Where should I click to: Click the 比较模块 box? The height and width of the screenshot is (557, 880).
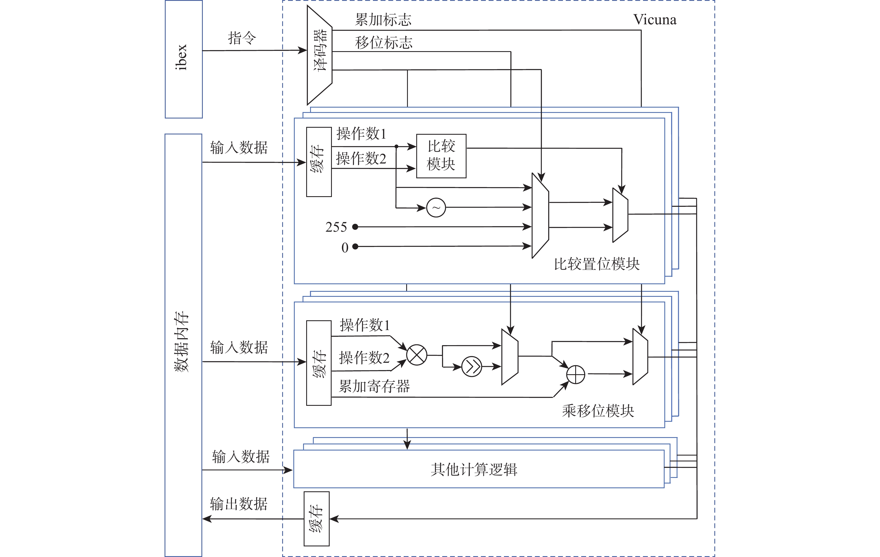[441, 156]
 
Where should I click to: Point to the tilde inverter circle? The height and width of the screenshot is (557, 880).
[436, 208]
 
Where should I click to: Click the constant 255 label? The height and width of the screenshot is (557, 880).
[336, 227]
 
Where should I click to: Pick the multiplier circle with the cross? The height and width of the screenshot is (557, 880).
[417, 355]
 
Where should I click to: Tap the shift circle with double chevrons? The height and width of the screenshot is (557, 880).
[472, 367]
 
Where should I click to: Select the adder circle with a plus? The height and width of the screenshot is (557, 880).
[575, 374]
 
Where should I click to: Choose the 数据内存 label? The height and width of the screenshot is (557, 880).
[182, 342]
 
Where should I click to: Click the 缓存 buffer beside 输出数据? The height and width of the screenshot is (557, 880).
[317, 519]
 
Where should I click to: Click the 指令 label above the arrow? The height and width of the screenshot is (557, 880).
[242, 38]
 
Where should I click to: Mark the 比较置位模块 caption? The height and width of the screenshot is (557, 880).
[596, 264]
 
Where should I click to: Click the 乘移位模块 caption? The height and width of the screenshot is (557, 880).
[598, 411]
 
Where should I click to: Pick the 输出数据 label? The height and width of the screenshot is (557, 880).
[239, 504]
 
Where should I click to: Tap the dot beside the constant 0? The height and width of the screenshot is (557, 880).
[355, 247]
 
